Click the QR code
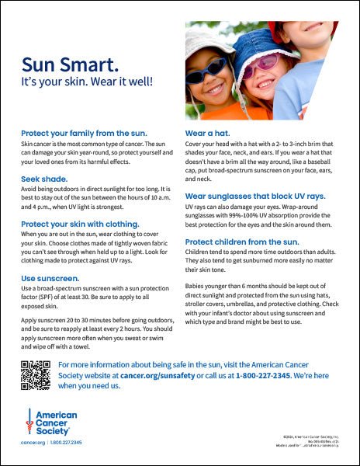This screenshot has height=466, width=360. click(34, 374)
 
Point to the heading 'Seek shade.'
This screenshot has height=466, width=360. click(44, 179)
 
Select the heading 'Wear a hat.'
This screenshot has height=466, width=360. click(206, 134)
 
